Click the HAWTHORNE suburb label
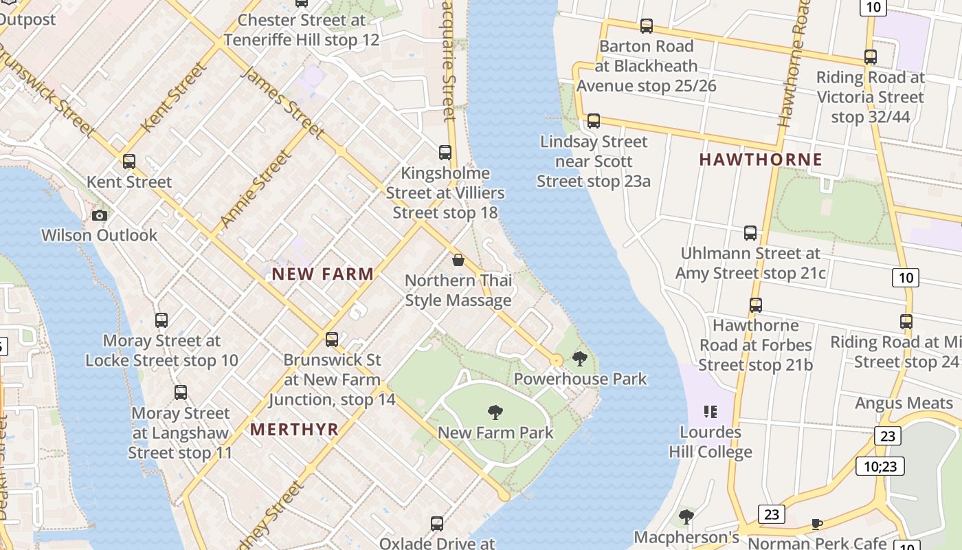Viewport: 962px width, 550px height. (760, 159)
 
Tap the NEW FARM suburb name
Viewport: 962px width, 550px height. (323, 274)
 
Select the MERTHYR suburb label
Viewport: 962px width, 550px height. (294, 430)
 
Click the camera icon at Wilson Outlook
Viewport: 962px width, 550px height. (100, 215)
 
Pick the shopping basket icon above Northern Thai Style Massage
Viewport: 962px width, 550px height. (458, 260)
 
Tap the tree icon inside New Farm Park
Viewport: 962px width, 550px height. (495, 412)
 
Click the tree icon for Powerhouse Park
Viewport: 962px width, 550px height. (580, 358)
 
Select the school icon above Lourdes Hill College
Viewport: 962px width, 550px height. (711, 412)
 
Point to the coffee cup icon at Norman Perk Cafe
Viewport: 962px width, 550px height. (816, 524)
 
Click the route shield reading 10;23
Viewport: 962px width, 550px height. (880, 466)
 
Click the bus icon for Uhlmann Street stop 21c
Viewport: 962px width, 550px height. (750, 233)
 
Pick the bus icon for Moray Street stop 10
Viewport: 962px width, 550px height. (161, 320)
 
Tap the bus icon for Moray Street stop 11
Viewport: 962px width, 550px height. (181, 393)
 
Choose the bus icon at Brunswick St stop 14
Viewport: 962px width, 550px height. (332, 340)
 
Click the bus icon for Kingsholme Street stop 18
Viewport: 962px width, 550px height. (445, 153)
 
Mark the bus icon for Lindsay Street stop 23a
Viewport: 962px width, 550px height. (594, 121)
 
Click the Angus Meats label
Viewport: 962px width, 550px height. (904, 403)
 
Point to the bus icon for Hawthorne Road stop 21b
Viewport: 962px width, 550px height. (756, 305)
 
